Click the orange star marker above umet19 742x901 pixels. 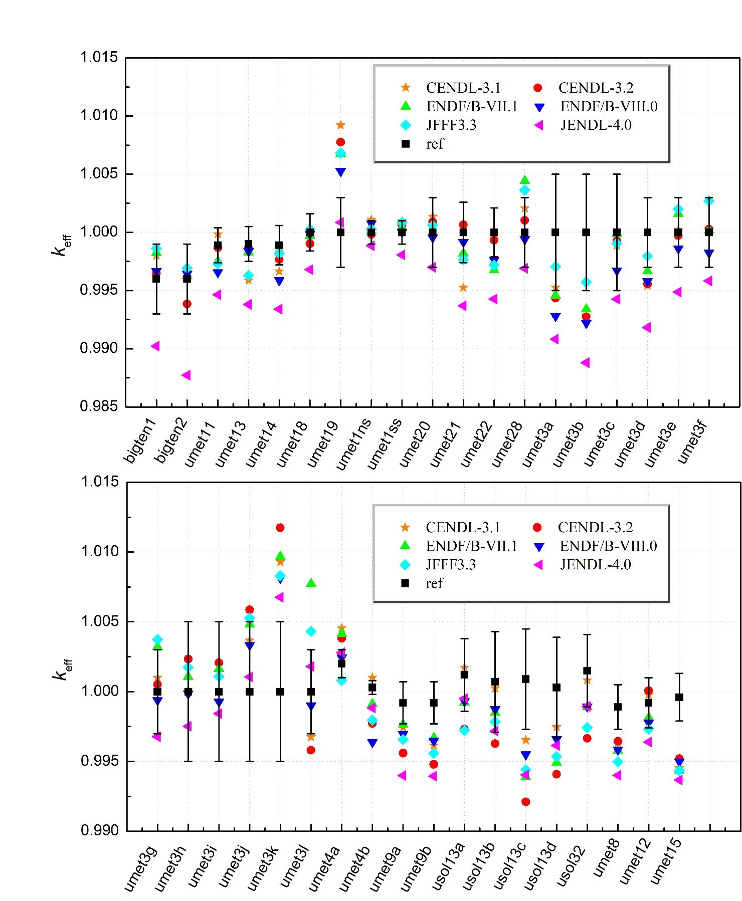pyautogui.click(x=340, y=125)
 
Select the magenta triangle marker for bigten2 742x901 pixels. pyautogui.click(x=186, y=375)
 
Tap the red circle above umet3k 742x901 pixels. pyautogui.click(x=280, y=528)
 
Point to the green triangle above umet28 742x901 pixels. pyautogui.click(x=525, y=180)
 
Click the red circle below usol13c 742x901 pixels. pyautogui.click(x=526, y=802)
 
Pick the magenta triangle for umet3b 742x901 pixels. pyautogui.click(x=585, y=363)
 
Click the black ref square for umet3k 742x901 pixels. pyautogui.click(x=280, y=692)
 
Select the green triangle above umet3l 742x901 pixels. pyautogui.click(x=311, y=583)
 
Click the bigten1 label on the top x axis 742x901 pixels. pyautogui.click(x=141, y=441)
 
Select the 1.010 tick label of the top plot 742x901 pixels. pyautogui.click(x=99, y=115)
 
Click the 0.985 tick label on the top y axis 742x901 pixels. pyautogui.click(x=99, y=406)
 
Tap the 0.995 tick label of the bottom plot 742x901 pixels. pyautogui.click(x=100, y=761)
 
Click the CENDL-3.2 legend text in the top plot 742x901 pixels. pyautogui.click(x=596, y=88)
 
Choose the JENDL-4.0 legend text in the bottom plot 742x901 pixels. pyautogui.click(x=595, y=565)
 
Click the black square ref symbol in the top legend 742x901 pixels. pyautogui.click(x=406, y=144)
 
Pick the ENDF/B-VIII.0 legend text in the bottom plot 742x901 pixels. pyautogui.click(x=608, y=546)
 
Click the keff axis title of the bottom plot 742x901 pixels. pyautogui.click(x=63, y=669)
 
